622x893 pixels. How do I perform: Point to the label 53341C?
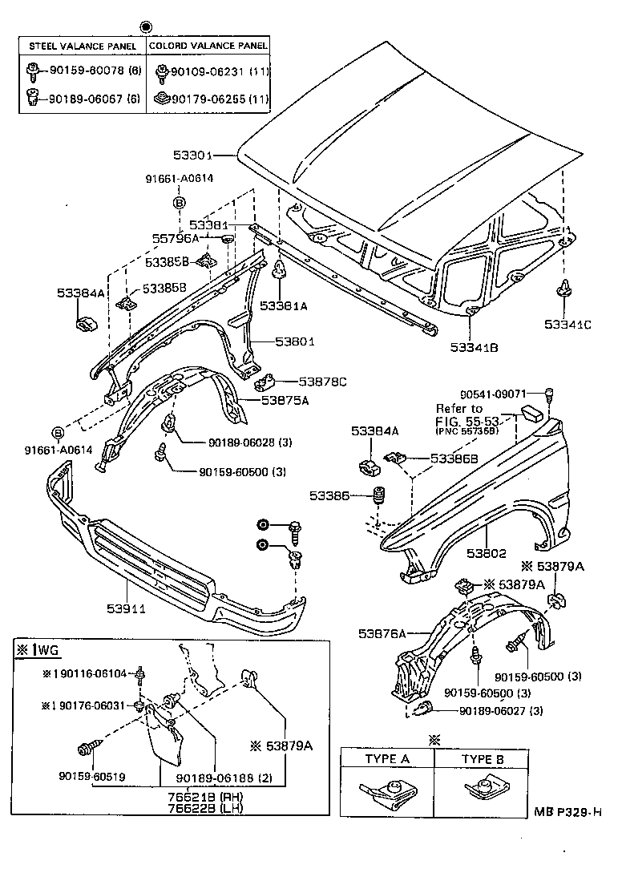pos(567,325)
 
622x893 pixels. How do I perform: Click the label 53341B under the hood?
pos(475,347)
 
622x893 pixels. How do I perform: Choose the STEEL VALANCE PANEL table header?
pos(83,46)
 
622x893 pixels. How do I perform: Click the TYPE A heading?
pos(387,758)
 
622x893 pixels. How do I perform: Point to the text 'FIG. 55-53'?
pos(467,420)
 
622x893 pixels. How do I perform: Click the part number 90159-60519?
pos(91,777)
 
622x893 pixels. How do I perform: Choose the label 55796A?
pos(175,238)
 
